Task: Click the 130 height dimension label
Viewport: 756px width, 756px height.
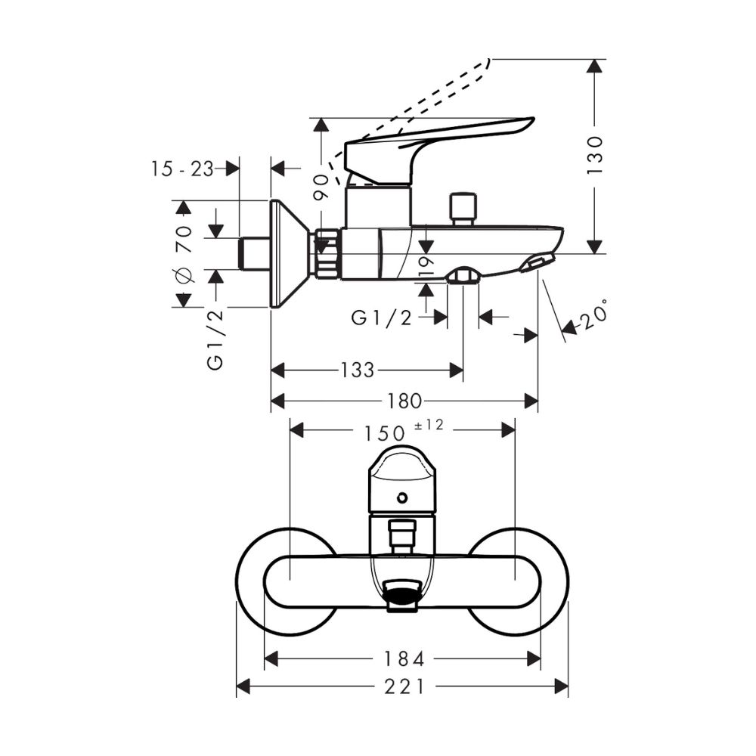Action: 596,155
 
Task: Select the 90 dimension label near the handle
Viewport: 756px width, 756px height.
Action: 321,187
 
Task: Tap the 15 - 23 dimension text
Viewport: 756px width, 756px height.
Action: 182,169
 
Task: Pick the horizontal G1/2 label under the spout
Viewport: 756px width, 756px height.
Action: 381,318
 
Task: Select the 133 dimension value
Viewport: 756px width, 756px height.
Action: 357,370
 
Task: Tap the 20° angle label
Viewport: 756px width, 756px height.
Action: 594,315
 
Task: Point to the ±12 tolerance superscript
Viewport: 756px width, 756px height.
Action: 429,426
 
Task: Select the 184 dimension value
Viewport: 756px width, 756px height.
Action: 404,659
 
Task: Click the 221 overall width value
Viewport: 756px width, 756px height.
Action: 404,686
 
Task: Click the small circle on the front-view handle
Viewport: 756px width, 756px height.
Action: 402,497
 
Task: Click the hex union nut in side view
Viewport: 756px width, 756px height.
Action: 327,253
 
